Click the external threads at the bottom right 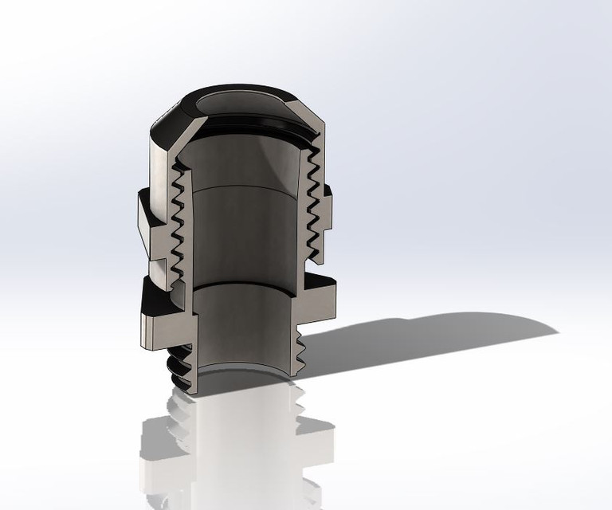click(299, 351)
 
